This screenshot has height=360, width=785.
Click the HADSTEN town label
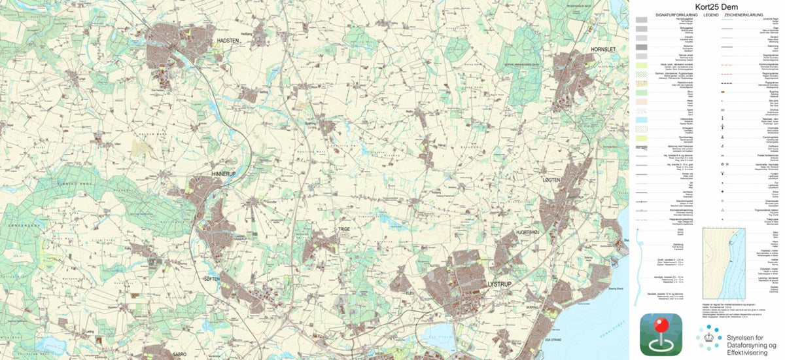tap(230, 41)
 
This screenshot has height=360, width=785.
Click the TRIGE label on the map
tap(344, 230)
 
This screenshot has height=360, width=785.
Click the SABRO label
tap(179, 353)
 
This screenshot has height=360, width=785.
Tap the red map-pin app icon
tap(661, 334)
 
